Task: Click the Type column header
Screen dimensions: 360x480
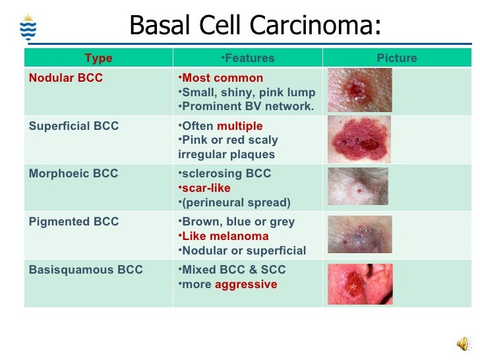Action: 98,59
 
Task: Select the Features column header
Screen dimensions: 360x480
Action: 247,59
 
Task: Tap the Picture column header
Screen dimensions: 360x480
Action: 396,59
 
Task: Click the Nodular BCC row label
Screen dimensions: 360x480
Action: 66,78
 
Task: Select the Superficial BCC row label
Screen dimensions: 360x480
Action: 74,126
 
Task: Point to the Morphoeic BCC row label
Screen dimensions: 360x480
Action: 73,174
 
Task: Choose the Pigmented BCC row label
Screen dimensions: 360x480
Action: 74,222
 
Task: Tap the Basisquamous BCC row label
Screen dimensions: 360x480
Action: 86,270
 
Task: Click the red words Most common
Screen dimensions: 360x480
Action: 222,78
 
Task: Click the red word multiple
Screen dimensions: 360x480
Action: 239,126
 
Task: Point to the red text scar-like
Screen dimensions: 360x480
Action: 206,188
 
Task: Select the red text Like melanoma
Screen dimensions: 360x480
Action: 225,236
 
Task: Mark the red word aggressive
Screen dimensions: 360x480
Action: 246,284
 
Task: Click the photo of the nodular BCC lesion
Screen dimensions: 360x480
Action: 359,90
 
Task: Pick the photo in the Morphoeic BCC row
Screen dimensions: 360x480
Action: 358,187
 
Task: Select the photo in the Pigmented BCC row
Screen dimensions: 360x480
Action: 359,235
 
